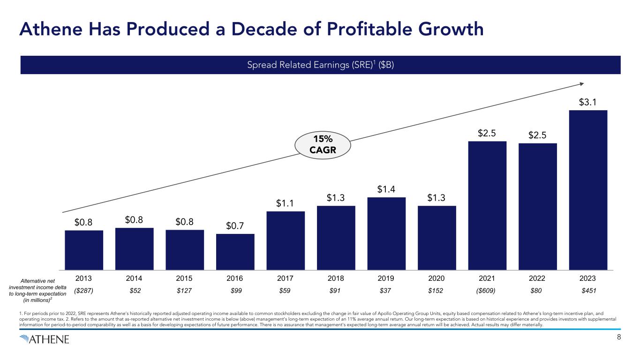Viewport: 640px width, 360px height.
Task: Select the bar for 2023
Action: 588,190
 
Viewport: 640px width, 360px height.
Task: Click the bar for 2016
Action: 235,252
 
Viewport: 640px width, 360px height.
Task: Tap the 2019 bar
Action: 386,233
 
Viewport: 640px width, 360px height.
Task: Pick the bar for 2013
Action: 84,250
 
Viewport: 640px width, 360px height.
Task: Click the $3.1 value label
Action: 588,102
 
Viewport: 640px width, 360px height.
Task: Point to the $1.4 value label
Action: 386,189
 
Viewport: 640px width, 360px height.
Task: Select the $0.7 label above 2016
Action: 235,225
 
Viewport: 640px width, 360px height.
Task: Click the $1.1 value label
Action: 286,203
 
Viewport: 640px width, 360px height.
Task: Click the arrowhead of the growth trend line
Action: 581,84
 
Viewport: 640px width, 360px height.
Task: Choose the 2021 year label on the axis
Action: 487,278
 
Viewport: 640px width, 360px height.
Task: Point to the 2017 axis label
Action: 286,278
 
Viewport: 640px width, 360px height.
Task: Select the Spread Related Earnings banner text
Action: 320,65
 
